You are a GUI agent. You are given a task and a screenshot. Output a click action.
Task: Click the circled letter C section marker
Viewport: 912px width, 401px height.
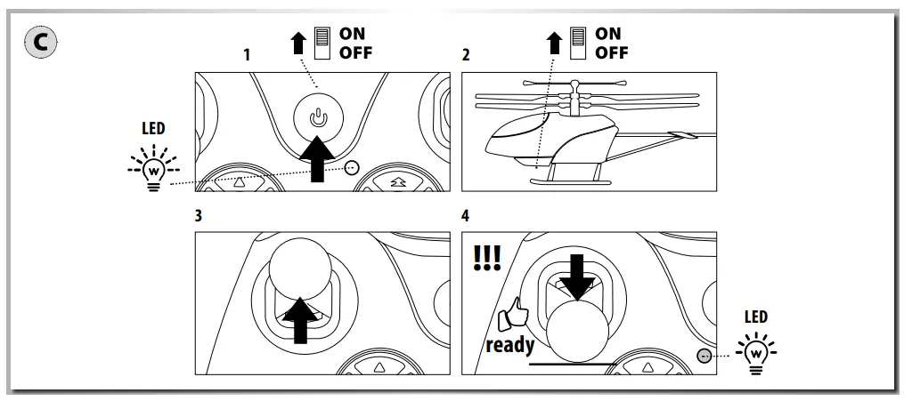pyautogui.click(x=40, y=42)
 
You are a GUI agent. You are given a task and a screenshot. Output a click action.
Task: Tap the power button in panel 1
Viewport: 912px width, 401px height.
pyautogui.click(x=318, y=116)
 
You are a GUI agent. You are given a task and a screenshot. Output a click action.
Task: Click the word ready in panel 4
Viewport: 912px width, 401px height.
pyautogui.click(x=509, y=344)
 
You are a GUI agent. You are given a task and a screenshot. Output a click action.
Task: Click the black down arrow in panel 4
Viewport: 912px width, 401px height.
pyautogui.click(x=575, y=276)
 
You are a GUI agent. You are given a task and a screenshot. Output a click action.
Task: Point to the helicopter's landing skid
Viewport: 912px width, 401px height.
pyautogui.click(x=570, y=180)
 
